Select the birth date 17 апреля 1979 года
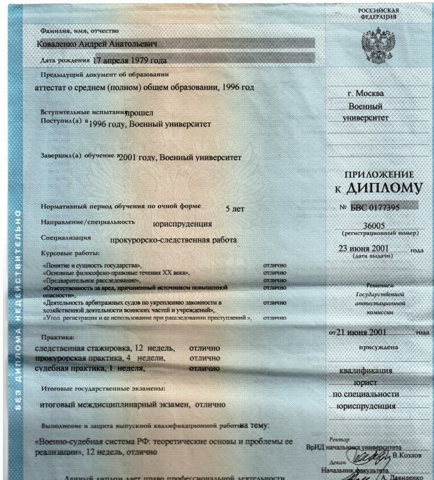pyautogui.click(x=130, y=61)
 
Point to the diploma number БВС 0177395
pyautogui.click(x=377, y=207)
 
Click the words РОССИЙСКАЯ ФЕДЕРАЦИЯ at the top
pyautogui.click(x=378, y=14)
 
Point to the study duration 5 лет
pyautogui.click(x=234, y=209)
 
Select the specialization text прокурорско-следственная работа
pyautogui.click(x=174, y=240)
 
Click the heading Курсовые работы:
pyautogui.click(x=65, y=254)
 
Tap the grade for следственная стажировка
pyautogui.click(x=204, y=348)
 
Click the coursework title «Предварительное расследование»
pyautogui.click(x=91, y=280)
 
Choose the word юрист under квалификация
pyautogui.click(x=365, y=382)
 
